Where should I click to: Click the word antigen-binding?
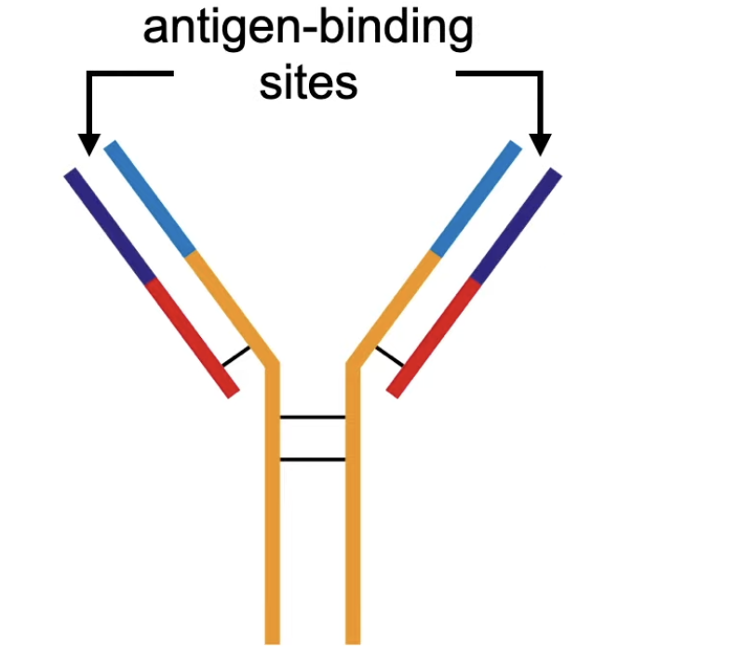pyautogui.click(x=307, y=31)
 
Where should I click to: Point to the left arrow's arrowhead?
pyautogui.click(x=88, y=144)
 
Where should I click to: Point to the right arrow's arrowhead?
pyautogui.click(x=541, y=144)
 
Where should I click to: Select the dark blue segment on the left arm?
pyautogui.click(x=110, y=224)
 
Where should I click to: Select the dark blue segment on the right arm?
pyautogui.click(x=517, y=224)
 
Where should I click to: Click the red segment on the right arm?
pyautogui.click(x=435, y=336)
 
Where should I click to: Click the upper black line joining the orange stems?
pyautogui.click(x=313, y=417)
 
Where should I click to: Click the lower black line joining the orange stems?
pyautogui.click(x=313, y=459)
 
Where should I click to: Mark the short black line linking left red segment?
pyautogui.click(x=236, y=356)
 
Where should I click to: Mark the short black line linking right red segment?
pyautogui.click(x=390, y=356)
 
